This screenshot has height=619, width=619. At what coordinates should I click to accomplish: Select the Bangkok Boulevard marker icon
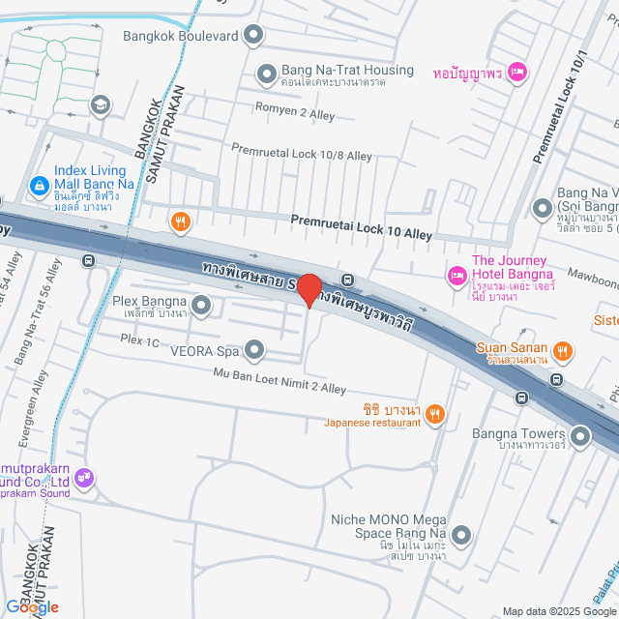[253, 37]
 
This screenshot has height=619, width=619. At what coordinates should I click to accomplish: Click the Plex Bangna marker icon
[201, 307]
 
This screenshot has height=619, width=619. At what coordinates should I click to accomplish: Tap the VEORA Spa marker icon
[254, 349]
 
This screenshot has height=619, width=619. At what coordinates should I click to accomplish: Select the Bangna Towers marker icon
[580, 438]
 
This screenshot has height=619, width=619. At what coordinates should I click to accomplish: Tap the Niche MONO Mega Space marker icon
[461, 534]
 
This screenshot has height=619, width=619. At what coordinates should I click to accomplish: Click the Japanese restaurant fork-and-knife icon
[436, 414]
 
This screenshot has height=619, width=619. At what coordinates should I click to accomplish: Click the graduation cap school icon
[100, 103]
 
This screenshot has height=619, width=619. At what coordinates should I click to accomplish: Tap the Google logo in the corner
[33, 605]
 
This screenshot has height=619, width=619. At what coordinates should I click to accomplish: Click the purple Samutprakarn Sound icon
[84, 476]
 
